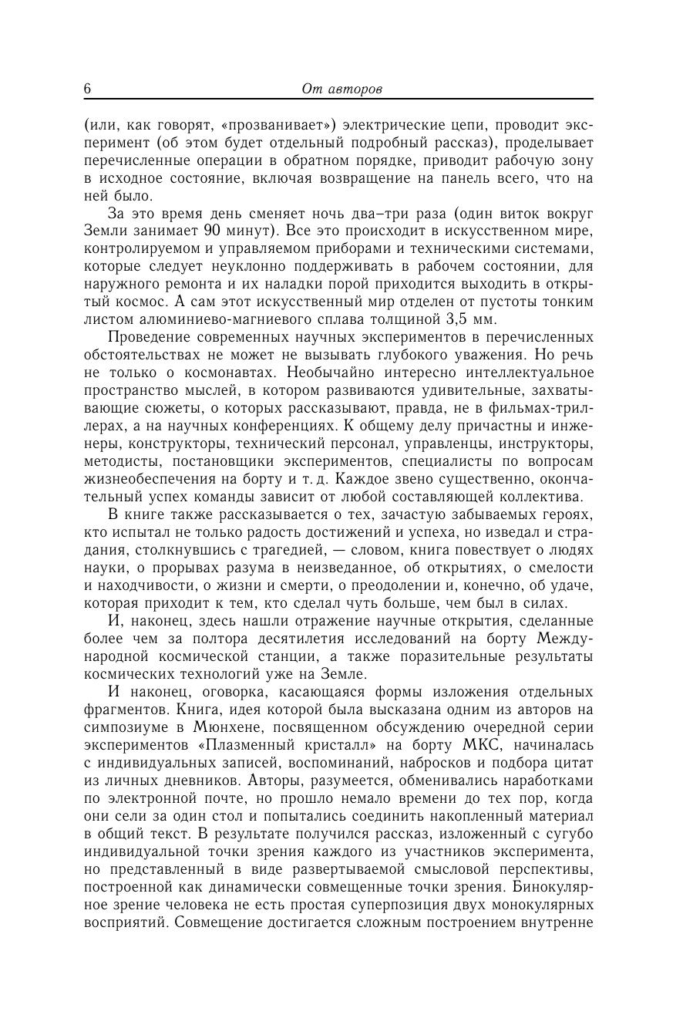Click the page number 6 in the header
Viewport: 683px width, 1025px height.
88,89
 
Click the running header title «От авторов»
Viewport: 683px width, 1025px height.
342,89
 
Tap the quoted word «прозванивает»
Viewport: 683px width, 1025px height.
278,125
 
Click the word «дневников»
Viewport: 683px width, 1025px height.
204,781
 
